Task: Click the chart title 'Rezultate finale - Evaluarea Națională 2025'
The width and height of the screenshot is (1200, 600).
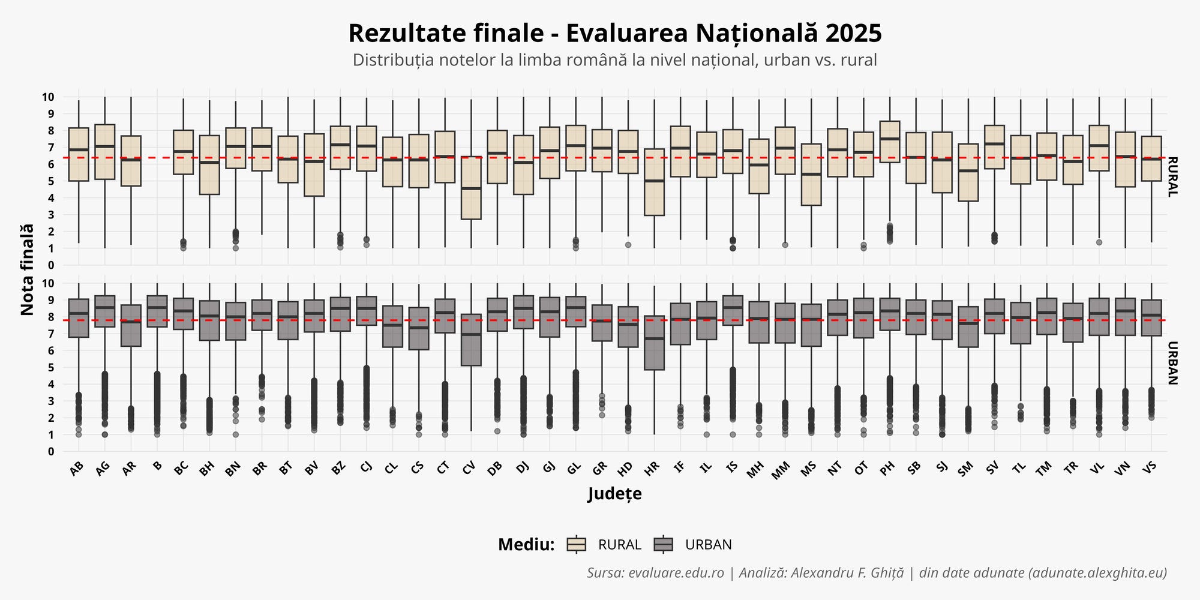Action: tap(614, 34)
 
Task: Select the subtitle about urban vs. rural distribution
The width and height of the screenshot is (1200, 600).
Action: tap(614, 60)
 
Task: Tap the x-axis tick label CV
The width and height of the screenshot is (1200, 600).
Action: tap(469, 469)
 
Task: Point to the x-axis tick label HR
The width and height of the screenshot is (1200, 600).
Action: tap(652, 469)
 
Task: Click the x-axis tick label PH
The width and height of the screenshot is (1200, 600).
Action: tap(887, 469)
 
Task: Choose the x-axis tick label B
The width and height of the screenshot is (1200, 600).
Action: tap(157, 466)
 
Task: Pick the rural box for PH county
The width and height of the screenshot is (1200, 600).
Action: tap(890, 142)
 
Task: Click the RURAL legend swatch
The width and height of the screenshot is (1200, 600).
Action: tap(577, 544)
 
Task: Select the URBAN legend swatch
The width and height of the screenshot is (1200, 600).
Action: tap(664, 544)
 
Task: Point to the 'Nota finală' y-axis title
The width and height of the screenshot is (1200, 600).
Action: tap(27, 269)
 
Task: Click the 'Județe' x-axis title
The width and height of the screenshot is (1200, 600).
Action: tap(614, 494)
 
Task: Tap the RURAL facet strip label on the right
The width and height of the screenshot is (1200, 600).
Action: tap(1173, 177)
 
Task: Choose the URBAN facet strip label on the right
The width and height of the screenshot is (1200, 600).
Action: tap(1173, 363)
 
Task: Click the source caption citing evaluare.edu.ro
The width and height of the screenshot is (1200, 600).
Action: tap(877, 572)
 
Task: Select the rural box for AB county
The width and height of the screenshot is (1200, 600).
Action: tap(79, 154)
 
